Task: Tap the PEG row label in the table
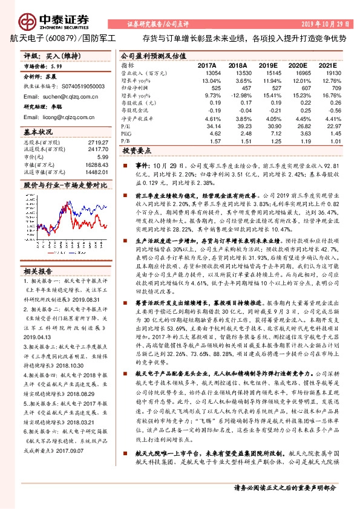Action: pyautogui.click(x=126, y=132)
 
